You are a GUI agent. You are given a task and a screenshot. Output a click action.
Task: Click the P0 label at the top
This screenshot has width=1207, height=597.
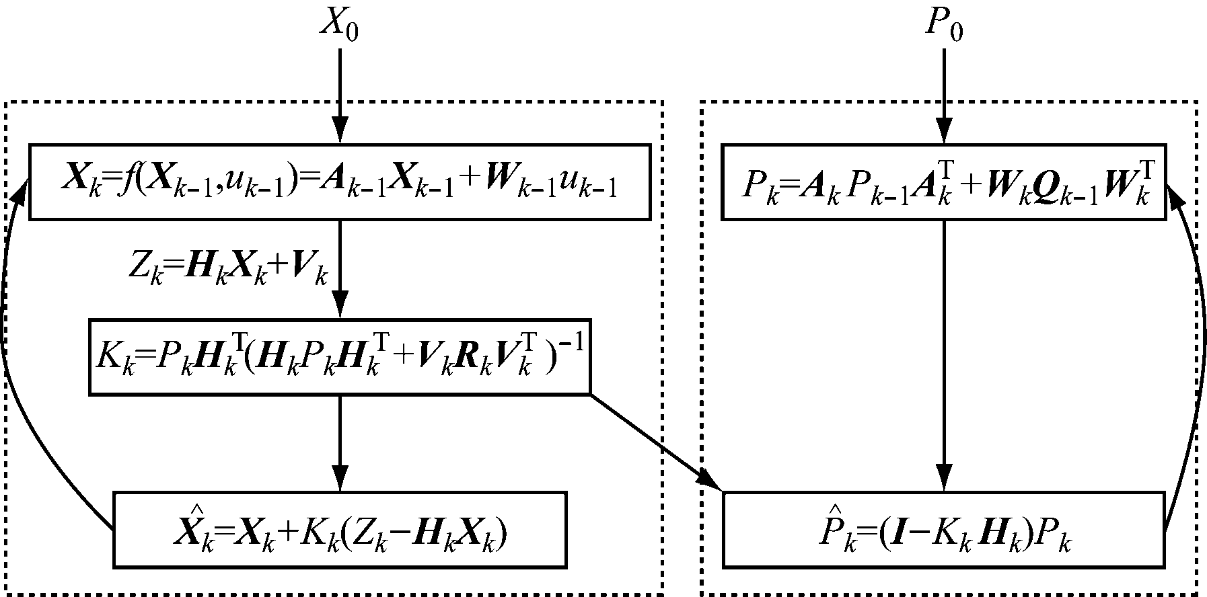click(x=944, y=27)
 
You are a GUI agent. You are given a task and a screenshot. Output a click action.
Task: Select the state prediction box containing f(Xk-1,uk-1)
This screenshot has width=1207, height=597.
click(x=340, y=182)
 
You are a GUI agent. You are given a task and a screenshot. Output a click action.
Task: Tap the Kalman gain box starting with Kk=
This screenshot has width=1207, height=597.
click(x=340, y=356)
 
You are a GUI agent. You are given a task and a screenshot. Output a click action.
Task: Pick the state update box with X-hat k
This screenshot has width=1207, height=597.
click(x=340, y=529)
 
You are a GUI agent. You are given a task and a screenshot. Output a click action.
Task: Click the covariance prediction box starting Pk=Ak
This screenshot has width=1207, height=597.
click(x=944, y=182)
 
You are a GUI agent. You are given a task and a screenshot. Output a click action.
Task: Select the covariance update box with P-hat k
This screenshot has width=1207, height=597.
click(x=944, y=529)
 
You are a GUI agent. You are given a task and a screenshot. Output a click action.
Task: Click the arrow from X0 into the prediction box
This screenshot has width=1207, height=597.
click(x=340, y=94)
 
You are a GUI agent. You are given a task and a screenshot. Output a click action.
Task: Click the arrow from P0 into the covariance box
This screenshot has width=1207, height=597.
click(x=944, y=94)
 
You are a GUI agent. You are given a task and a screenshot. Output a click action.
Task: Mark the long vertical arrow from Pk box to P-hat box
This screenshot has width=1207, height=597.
click(x=944, y=356)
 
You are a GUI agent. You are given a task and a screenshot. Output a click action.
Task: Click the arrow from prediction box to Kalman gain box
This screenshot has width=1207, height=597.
click(x=340, y=269)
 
